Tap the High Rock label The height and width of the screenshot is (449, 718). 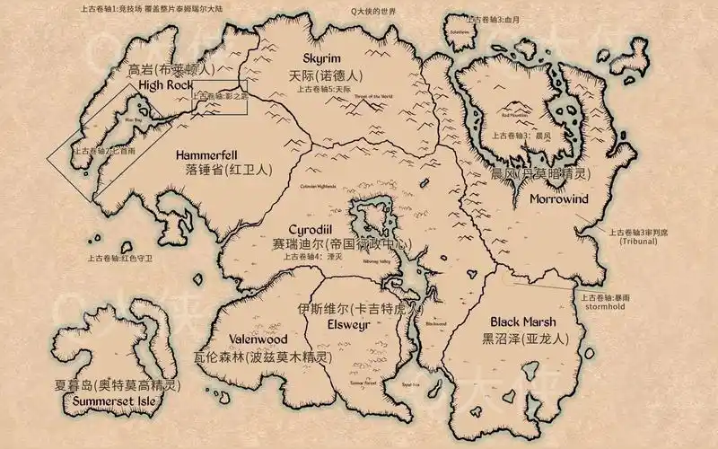166,85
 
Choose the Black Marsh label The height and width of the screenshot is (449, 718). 522,321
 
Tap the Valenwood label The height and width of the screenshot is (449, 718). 257,339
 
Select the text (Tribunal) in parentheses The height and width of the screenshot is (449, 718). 638,241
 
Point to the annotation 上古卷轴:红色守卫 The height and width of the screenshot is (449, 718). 120,258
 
